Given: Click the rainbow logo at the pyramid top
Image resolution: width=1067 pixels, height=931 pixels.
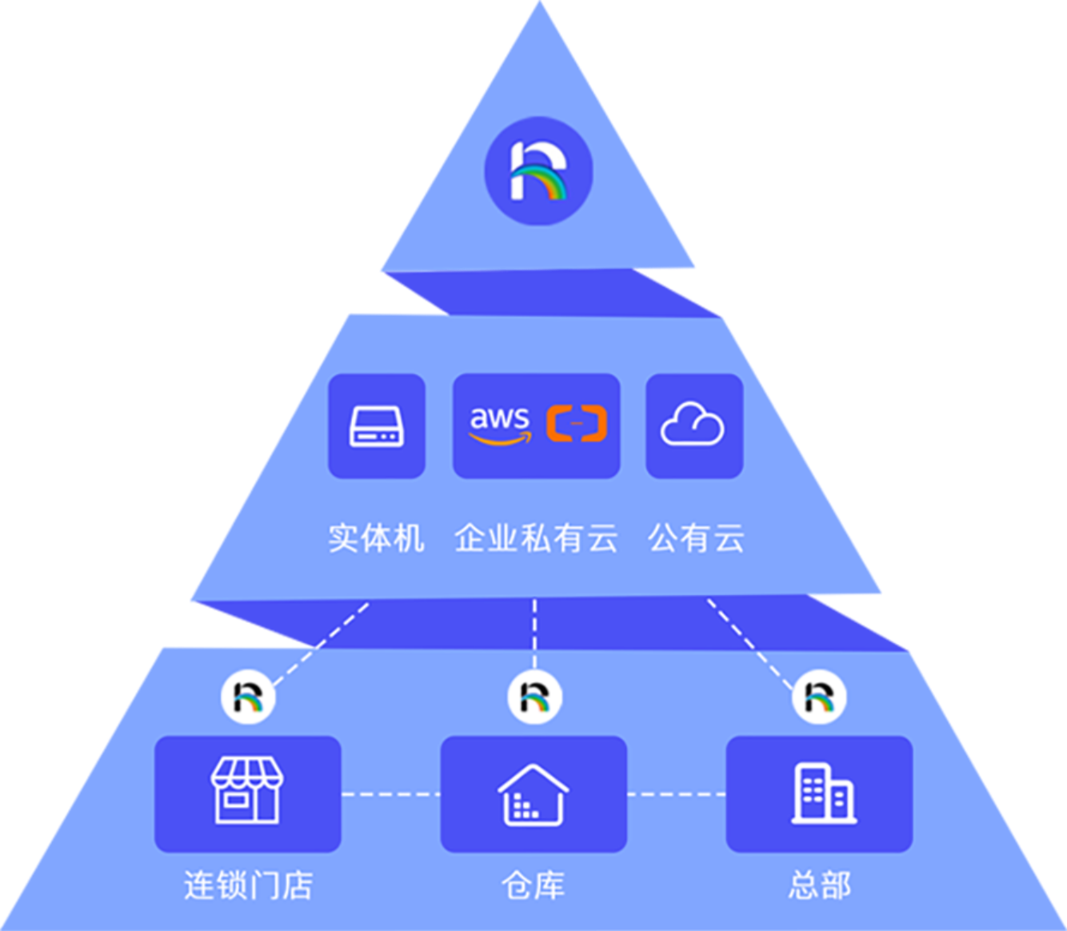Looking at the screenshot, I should [538, 170].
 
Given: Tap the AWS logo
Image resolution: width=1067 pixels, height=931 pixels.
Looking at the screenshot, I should [499, 425].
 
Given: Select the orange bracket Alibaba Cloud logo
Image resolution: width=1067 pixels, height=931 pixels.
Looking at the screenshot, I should [577, 423].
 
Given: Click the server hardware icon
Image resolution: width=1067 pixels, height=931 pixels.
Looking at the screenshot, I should [376, 426].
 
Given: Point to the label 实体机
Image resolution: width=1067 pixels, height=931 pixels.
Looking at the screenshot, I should [376, 538].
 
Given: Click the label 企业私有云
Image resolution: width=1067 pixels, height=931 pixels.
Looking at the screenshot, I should [536, 538].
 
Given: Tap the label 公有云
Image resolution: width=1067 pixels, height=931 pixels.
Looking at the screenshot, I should [696, 538].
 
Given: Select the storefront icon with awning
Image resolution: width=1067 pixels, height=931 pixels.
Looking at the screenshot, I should [247, 792].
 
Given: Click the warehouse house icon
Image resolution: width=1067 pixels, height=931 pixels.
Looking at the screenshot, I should [533, 794].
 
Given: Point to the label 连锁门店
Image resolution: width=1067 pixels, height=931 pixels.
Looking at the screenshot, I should [248, 885].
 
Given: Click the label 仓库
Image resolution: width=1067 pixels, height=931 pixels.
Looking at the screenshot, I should [533, 885].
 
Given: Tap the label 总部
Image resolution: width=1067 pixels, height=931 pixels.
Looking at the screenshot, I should [819, 885].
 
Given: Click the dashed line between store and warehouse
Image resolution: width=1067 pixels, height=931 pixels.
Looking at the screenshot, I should [390, 794].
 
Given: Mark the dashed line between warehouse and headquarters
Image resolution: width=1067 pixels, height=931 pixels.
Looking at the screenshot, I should [676, 794].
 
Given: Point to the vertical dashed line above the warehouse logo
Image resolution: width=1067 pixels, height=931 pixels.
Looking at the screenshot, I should [534, 632].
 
